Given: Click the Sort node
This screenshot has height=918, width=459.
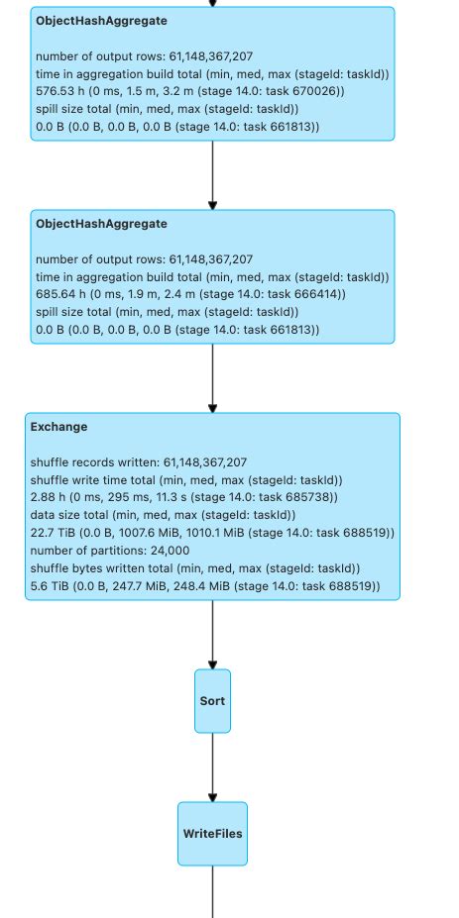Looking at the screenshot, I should (212, 700).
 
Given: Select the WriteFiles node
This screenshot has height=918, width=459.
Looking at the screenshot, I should (212, 834).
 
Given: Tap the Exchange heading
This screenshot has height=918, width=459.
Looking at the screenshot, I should (58, 427).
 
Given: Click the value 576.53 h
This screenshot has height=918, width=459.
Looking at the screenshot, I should (60, 92).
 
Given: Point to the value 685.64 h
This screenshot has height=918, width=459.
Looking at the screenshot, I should (60, 295).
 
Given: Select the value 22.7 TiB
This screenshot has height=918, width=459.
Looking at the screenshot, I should (55, 533).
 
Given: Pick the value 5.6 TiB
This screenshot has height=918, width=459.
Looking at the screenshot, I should (51, 586).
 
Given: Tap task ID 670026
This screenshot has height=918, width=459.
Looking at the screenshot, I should (320, 92).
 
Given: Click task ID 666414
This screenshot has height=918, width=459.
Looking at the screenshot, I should (320, 295).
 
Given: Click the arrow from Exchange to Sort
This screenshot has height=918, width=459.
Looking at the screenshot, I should (212, 634).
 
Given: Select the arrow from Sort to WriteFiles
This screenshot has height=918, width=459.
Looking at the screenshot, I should (212, 766).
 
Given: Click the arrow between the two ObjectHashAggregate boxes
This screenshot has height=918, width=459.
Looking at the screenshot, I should (212, 174).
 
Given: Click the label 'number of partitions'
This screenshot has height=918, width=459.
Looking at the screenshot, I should (90, 551).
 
